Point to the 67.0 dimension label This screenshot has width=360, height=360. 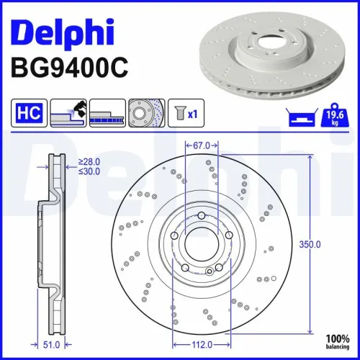pyautogui.click(x=202, y=145)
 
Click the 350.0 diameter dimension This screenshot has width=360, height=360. pyautogui.click(x=309, y=245)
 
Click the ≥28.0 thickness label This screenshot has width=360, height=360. pyautogui.click(x=89, y=163)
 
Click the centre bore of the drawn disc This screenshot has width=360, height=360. pyautogui.click(x=201, y=245)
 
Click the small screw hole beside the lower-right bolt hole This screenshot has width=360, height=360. pyautogui.click(x=209, y=271)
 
